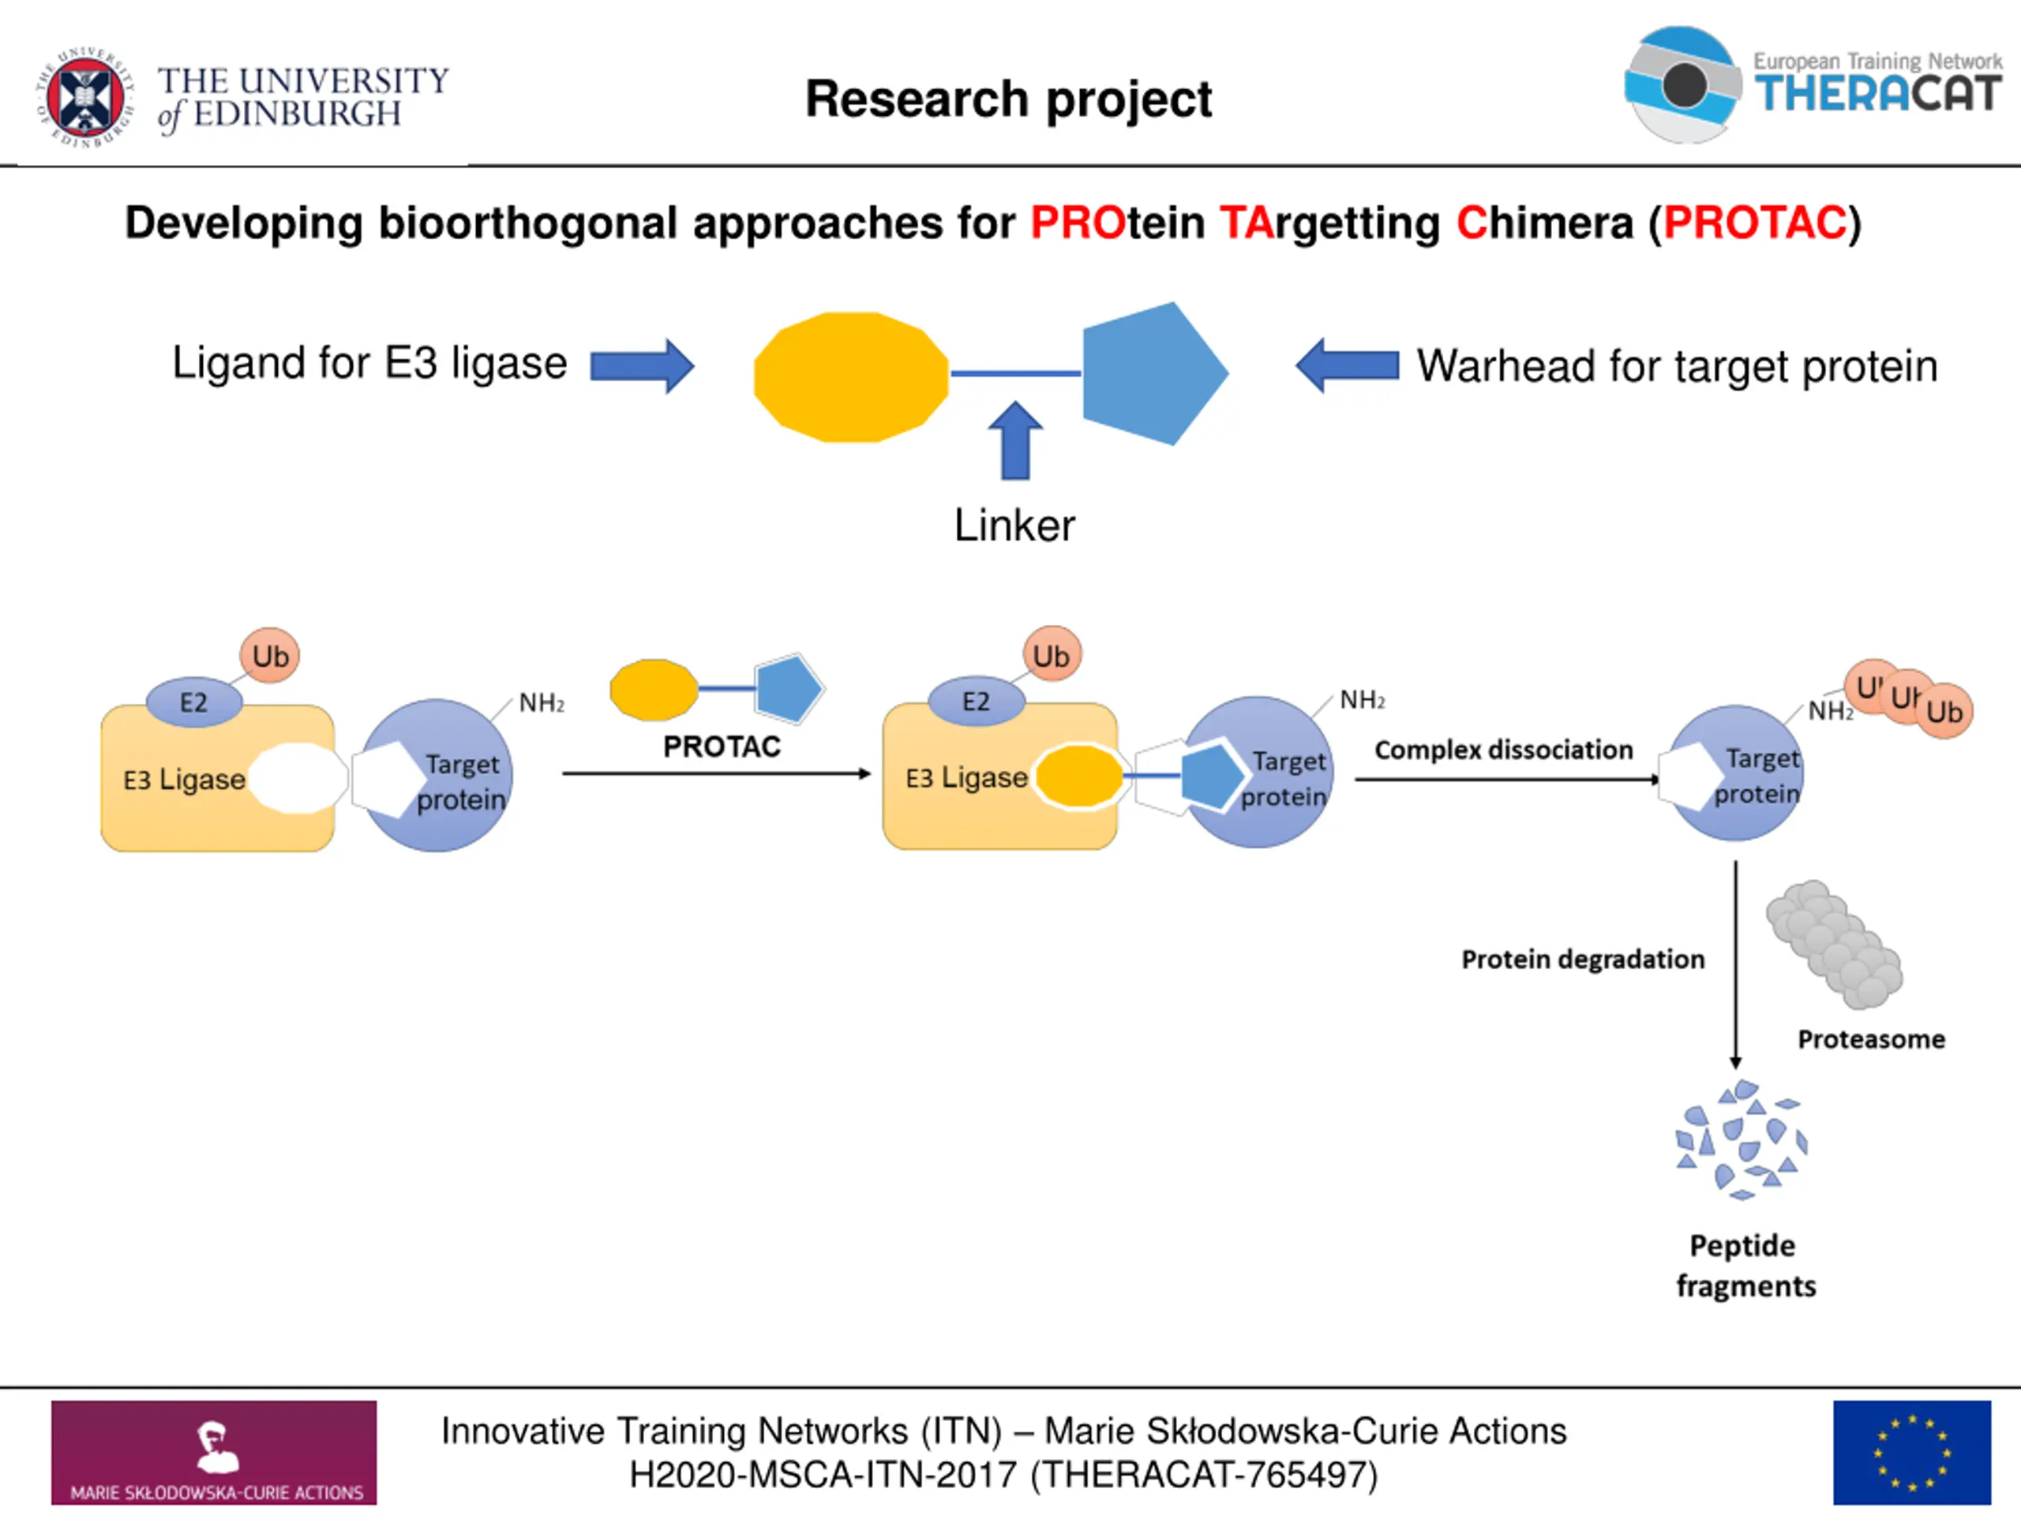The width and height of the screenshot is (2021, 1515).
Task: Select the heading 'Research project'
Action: tap(1009, 99)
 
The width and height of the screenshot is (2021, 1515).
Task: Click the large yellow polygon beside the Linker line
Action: tap(852, 377)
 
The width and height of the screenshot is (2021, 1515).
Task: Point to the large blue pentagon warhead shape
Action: tap(1153, 373)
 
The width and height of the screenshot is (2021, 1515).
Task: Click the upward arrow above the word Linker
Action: tap(1015, 440)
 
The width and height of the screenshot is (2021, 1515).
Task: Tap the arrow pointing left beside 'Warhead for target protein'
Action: tap(1347, 365)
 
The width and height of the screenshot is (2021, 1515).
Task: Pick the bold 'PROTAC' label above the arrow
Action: tap(722, 747)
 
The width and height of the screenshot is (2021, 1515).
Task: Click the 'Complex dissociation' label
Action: tap(1504, 750)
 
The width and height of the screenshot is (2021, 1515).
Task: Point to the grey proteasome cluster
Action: tap(1835, 945)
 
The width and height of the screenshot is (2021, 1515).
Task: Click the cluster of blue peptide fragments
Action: tap(1742, 1139)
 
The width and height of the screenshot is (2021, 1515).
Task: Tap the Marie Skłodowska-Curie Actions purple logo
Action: tap(214, 1453)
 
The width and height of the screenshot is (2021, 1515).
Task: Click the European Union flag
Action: tap(1912, 1453)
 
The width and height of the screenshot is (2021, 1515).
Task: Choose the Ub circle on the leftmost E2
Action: tap(269, 656)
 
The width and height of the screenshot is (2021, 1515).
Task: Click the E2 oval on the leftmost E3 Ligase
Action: tap(193, 702)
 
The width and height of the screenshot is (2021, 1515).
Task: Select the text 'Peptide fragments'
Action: tap(1745, 1266)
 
